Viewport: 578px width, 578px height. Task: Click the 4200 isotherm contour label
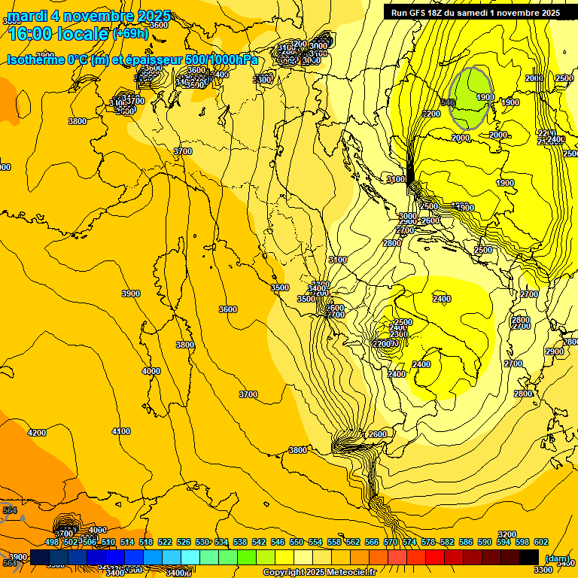(x=36, y=433)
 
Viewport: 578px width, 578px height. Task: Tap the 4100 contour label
(x=120, y=431)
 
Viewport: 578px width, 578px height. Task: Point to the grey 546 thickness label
(x=449, y=102)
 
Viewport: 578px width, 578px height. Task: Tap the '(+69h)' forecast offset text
(x=130, y=34)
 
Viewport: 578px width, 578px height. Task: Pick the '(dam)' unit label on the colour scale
(x=556, y=558)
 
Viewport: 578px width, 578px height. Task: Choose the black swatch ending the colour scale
(x=528, y=556)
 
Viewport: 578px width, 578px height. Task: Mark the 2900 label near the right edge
(x=555, y=351)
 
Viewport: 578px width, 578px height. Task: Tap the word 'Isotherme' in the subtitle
(x=35, y=60)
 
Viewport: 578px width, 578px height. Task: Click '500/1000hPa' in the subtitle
(x=223, y=60)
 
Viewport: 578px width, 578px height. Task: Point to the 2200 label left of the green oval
(x=431, y=114)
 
